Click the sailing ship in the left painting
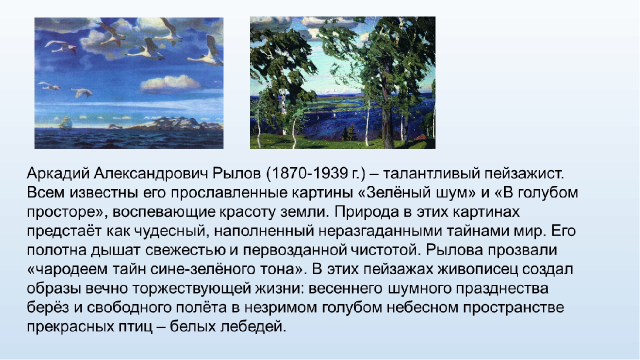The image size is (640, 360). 65,123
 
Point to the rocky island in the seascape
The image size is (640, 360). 177,123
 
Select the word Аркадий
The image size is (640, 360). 58,173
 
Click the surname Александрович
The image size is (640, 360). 151,173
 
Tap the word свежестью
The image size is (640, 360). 185,250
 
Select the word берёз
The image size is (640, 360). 48,307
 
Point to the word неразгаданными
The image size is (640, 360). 380,231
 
